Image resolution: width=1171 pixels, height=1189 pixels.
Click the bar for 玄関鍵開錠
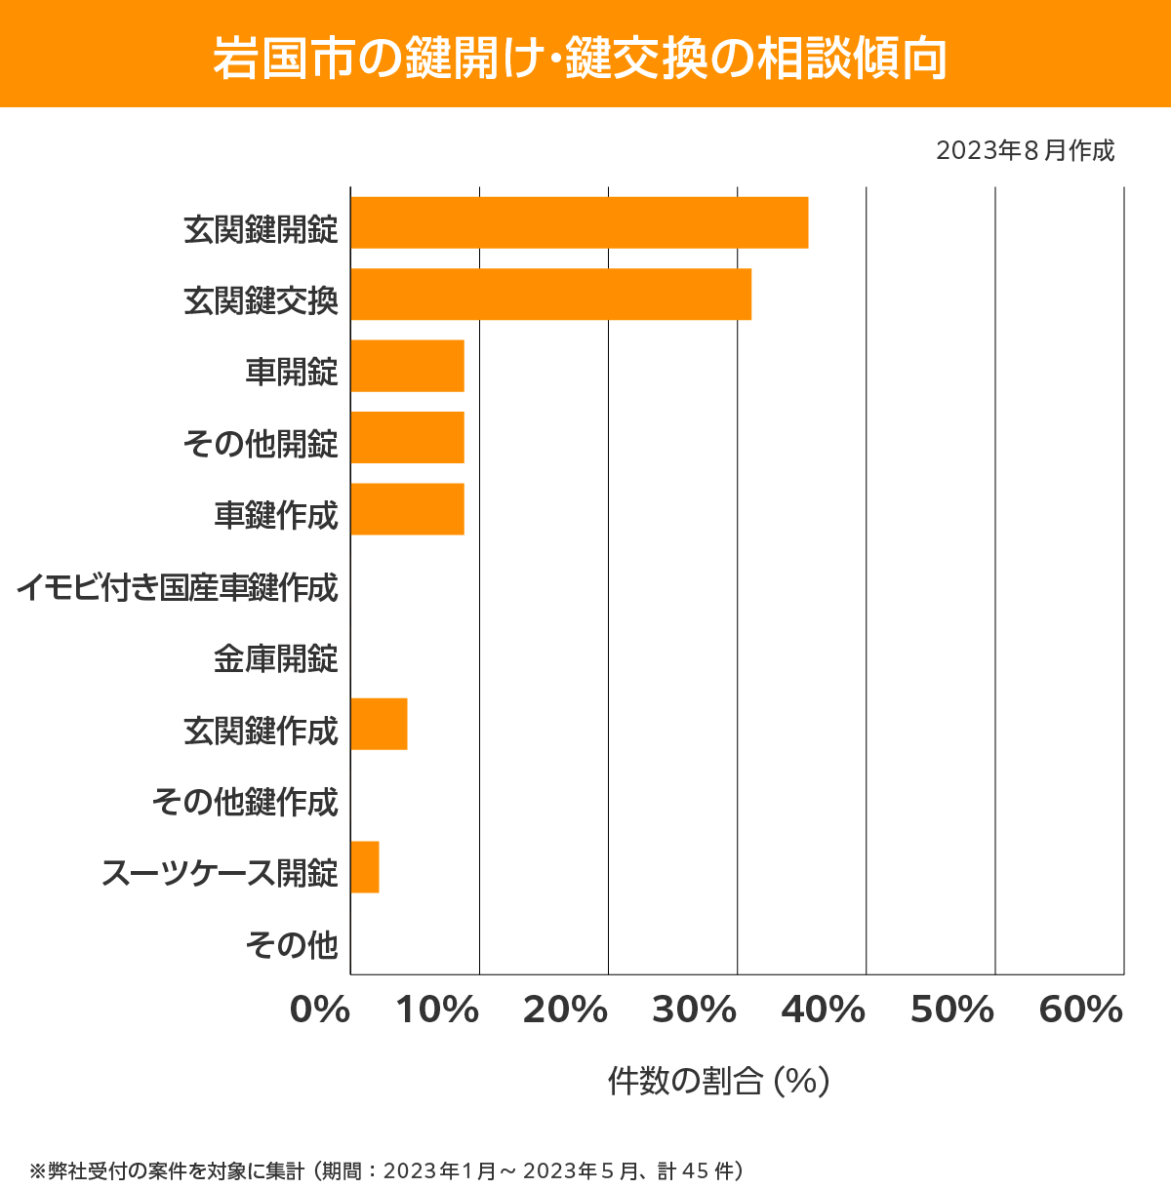579,222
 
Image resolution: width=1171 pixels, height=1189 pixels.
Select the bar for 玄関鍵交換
550,294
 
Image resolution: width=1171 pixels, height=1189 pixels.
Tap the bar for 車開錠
407,366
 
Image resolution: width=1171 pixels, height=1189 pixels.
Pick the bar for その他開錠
407,437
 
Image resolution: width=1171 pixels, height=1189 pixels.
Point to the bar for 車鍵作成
407,508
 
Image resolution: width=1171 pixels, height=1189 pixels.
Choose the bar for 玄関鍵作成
379,724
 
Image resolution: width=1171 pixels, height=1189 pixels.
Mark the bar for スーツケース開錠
365,866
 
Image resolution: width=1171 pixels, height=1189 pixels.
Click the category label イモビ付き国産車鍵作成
177,587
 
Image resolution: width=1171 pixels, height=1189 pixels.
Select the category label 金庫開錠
275,658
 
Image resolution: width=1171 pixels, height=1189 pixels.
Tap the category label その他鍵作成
244,802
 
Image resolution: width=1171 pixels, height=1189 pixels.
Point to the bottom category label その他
291,944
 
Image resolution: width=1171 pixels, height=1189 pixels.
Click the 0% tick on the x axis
320,1011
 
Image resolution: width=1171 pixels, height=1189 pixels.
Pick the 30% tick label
694,1011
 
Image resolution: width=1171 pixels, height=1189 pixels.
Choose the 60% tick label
1081,1011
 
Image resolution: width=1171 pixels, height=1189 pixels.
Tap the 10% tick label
437,1011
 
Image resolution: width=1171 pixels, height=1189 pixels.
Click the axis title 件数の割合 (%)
718,1081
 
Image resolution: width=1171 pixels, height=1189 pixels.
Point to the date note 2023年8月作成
1025,150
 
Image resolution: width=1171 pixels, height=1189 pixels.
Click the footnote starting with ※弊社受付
385,1170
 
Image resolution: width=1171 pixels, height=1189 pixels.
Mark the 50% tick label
951,1011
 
